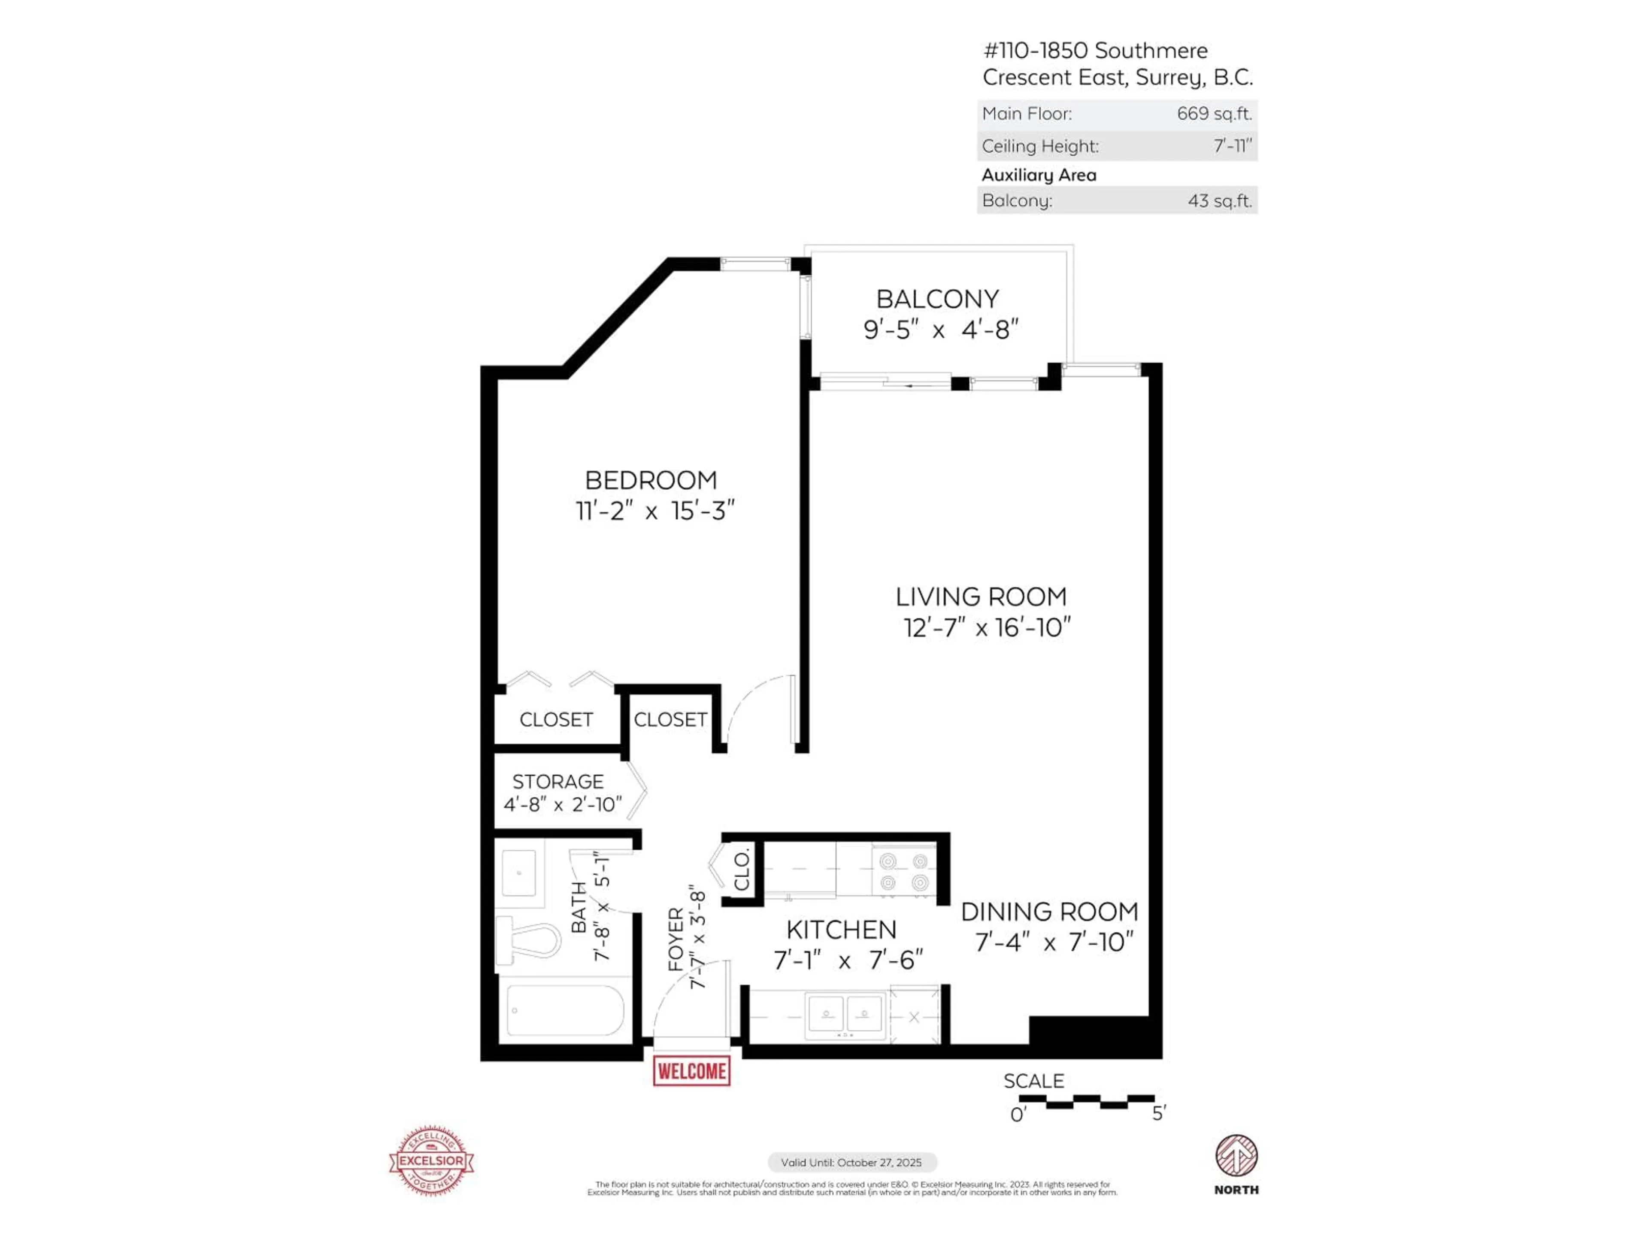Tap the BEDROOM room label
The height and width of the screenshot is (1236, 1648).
[x=651, y=480]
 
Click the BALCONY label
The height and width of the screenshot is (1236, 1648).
[x=937, y=299]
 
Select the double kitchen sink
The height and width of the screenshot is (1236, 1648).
[x=845, y=1014]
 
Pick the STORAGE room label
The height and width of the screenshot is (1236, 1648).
[x=557, y=782]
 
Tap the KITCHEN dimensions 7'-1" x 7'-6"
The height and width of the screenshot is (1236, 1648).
[x=848, y=960]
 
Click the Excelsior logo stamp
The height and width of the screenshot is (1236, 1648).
[x=431, y=1160]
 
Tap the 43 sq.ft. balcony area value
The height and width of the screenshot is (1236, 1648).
[x=1220, y=200]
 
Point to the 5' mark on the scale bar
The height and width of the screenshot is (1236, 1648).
[x=1158, y=1114]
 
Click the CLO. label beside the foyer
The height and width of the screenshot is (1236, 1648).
[x=741, y=871]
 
